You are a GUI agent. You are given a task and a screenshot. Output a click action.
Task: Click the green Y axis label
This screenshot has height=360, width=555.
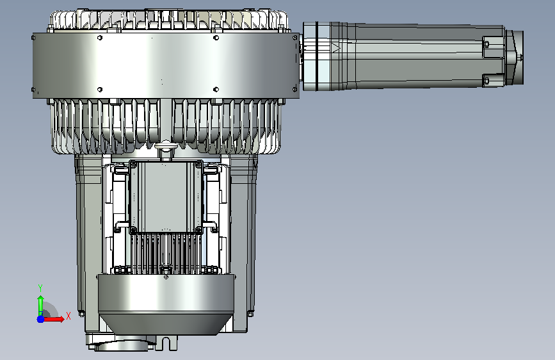click(40, 288)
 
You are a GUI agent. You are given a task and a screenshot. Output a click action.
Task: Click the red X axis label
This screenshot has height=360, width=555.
click(68, 316)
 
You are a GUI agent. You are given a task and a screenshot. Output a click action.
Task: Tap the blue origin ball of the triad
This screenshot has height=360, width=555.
click(41, 319)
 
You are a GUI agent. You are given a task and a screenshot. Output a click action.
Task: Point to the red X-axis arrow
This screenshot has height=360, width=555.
click(53, 319)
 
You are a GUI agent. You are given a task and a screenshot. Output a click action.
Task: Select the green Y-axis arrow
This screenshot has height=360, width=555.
click(41, 305)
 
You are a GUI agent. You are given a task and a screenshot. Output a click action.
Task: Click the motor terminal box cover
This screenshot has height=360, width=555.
click(166, 196)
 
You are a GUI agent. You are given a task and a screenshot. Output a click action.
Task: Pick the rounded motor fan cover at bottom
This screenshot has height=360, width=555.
click(166, 304)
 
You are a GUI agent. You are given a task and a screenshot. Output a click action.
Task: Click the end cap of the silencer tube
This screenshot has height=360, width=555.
click(515, 58)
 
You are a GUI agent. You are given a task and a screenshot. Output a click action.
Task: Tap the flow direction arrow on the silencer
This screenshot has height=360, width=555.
click(335, 48)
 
